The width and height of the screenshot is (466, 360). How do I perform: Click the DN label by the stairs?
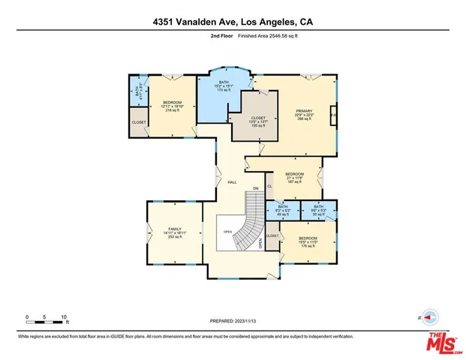pos(255,188)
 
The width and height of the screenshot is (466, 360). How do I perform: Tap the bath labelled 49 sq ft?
pos(283,210)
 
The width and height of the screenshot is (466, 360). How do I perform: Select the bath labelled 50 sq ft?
pos(317,210)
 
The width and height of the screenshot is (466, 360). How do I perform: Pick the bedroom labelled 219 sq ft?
pos(173,106)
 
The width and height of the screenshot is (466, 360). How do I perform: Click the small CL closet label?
pos(269,175)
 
